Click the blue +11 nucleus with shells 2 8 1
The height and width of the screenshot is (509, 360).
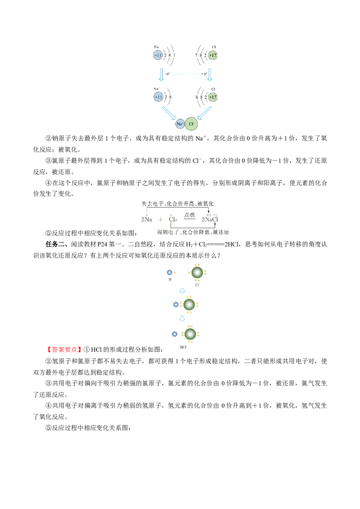click(157, 55)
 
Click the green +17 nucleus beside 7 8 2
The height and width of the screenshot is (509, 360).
click(213, 55)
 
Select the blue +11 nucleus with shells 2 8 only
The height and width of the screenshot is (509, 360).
click(158, 97)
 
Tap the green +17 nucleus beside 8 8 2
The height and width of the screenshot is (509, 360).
click(213, 97)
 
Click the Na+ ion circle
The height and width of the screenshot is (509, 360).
click(180, 124)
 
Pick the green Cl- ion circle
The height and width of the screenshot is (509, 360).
click(191, 124)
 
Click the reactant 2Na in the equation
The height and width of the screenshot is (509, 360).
click(147, 220)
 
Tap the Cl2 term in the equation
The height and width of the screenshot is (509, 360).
click(173, 220)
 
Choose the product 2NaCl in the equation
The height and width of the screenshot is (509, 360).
click(210, 220)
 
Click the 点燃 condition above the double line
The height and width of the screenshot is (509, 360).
click(189, 215)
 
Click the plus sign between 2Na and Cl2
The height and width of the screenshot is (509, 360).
click(160, 220)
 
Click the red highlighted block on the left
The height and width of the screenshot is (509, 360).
click(64, 349)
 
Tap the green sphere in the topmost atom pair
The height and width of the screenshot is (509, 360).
click(197, 272)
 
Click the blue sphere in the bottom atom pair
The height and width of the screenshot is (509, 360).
click(174, 334)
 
